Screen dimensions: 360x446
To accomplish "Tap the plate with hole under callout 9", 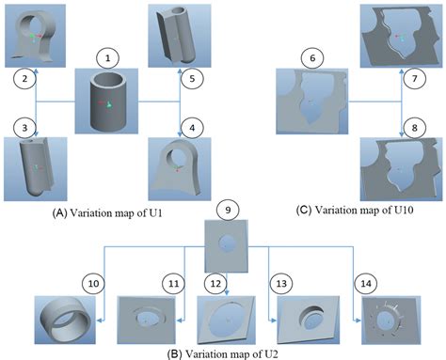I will pyautogui.click(x=228, y=242).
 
